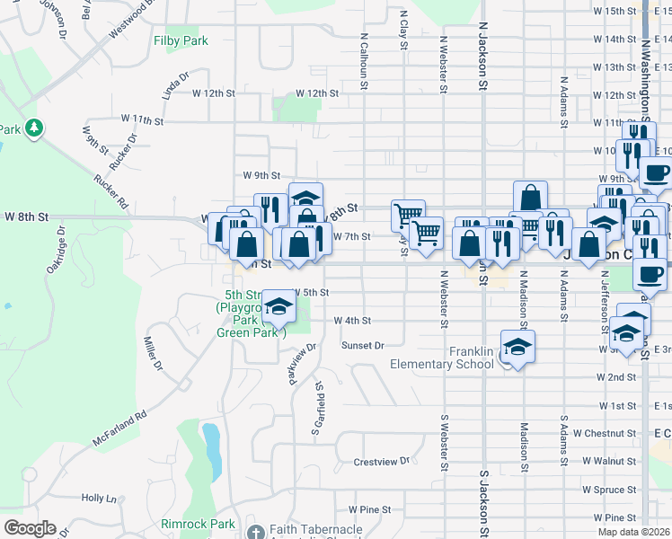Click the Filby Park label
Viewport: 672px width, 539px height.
click(181, 40)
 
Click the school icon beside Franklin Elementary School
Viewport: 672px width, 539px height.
click(517, 348)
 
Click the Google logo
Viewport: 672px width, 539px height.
click(30, 528)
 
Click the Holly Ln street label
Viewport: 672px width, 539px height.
click(99, 498)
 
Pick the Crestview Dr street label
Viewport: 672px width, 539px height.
click(381, 462)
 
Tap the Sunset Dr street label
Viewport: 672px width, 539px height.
click(362, 345)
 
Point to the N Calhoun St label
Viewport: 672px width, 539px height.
click(365, 63)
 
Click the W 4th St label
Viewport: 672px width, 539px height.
click(352, 320)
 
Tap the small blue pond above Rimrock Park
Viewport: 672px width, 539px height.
click(211, 441)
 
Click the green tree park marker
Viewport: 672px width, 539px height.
click(34, 128)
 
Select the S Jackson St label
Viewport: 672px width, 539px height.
click(483, 494)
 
